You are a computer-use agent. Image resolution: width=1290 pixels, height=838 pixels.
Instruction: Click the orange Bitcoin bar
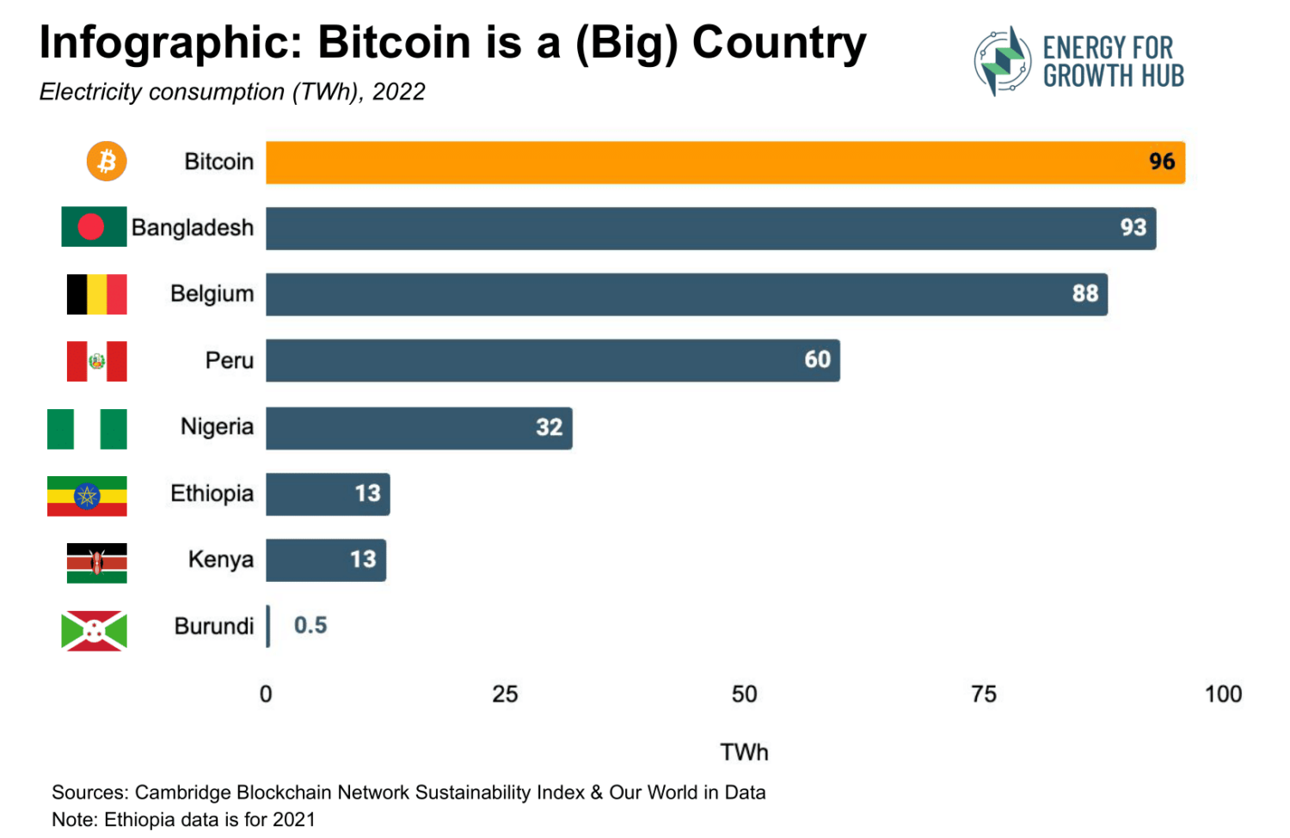pos(724,162)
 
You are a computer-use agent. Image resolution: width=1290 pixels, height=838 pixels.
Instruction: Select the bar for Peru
pos(552,360)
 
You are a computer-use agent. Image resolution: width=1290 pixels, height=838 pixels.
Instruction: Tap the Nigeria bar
pos(418,428)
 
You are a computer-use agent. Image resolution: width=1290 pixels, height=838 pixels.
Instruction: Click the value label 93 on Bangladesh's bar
pos(1133,228)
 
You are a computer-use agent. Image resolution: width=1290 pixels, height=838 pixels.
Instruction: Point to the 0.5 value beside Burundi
pos(310,626)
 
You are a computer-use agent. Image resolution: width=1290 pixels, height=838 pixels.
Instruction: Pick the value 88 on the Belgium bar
pos(1084,294)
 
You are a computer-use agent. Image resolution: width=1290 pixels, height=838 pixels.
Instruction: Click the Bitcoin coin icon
pos(107,162)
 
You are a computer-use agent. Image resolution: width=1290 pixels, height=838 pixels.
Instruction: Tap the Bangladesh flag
pos(94,227)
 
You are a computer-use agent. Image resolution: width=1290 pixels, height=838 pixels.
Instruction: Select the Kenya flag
pos(96,563)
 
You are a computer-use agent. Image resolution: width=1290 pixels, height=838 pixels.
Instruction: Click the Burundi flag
pos(94,631)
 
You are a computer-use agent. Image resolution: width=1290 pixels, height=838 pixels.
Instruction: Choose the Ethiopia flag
pos(87,496)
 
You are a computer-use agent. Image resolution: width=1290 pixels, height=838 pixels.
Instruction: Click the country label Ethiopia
pos(212,493)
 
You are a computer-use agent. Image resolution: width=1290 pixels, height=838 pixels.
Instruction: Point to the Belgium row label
pos(212,294)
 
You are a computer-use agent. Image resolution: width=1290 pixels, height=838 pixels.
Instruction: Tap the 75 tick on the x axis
pos(983,694)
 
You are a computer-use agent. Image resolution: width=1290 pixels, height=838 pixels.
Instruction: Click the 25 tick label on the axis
pos(505,694)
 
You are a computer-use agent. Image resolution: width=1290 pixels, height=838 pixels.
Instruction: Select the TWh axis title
pos(744,752)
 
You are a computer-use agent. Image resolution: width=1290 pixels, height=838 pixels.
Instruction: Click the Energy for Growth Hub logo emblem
pos(1002,61)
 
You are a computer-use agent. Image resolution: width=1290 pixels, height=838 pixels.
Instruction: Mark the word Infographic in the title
pos(170,43)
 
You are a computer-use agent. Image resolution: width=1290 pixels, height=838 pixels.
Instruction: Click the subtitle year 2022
pos(399,92)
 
